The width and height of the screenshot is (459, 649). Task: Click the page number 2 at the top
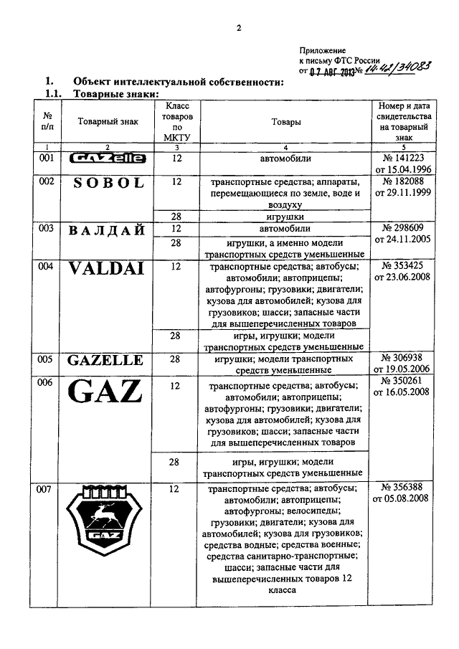click(x=239, y=29)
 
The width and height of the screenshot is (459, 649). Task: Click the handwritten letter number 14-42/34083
click(x=393, y=70)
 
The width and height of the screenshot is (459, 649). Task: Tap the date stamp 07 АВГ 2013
click(x=331, y=72)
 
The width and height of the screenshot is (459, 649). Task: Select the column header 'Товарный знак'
click(x=107, y=122)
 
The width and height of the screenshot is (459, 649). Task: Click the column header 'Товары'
click(x=285, y=122)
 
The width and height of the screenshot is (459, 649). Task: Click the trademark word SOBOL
click(x=108, y=183)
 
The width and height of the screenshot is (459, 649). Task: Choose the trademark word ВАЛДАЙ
click(x=108, y=230)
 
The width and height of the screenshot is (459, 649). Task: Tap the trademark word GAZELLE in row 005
click(x=108, y=360)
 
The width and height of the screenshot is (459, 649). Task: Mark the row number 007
click(x=47, y=490)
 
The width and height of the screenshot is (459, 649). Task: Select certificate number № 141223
click(x=402, y=158)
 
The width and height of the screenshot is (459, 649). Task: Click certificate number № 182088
click(x=402, y=182)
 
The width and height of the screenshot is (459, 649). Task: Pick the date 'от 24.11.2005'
click(x=402, y=242)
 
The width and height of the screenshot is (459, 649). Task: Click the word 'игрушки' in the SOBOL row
click(x=285, y=216)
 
